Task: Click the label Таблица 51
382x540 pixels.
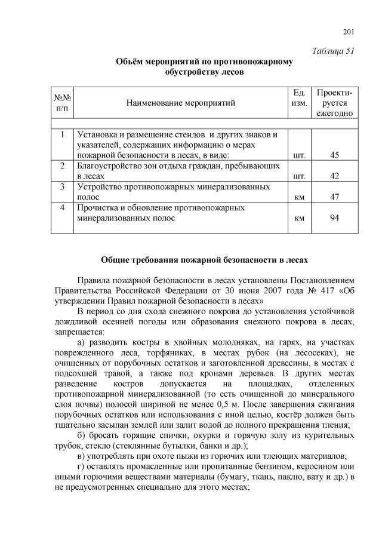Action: (334, 51)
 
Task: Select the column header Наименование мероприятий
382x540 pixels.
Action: (181, 103)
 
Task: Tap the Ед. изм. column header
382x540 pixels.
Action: (300, 98)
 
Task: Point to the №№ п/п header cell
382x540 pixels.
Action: (63, 103)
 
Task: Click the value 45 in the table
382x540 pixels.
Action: (334, 155)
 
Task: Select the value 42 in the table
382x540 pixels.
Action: (334, 176)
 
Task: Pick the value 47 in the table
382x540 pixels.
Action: (334, 197)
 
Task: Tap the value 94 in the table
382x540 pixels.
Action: (334, 217)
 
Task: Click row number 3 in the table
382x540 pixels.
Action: (62, 186)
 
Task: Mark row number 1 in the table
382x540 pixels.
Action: (62, 134)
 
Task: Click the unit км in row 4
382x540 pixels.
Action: (300, 218)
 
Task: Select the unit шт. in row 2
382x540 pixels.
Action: (300, 177)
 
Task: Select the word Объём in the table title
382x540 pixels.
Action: (130, 62)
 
